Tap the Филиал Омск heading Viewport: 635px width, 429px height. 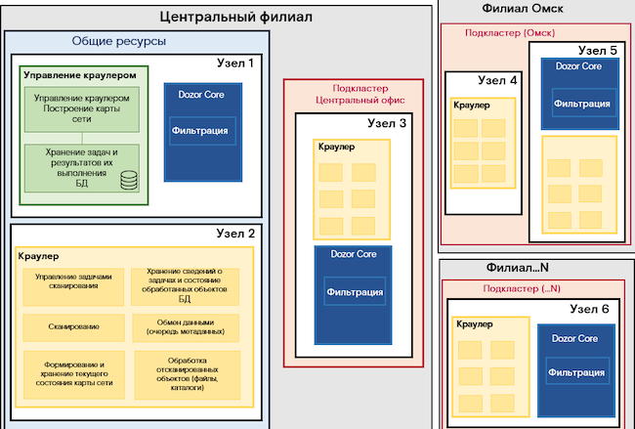coord(523,9)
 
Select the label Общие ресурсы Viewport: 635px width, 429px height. coord(118,42)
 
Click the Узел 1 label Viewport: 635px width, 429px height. coord(234,63)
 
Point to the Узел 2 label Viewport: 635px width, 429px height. coord(234,234)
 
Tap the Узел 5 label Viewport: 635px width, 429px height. coord(597,49)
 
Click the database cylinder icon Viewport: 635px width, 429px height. coord(128,181)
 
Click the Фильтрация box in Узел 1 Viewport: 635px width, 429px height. coord(199,130)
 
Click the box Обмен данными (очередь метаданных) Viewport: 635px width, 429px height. coord(185,325)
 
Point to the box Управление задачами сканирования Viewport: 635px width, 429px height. coord(72,280)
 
